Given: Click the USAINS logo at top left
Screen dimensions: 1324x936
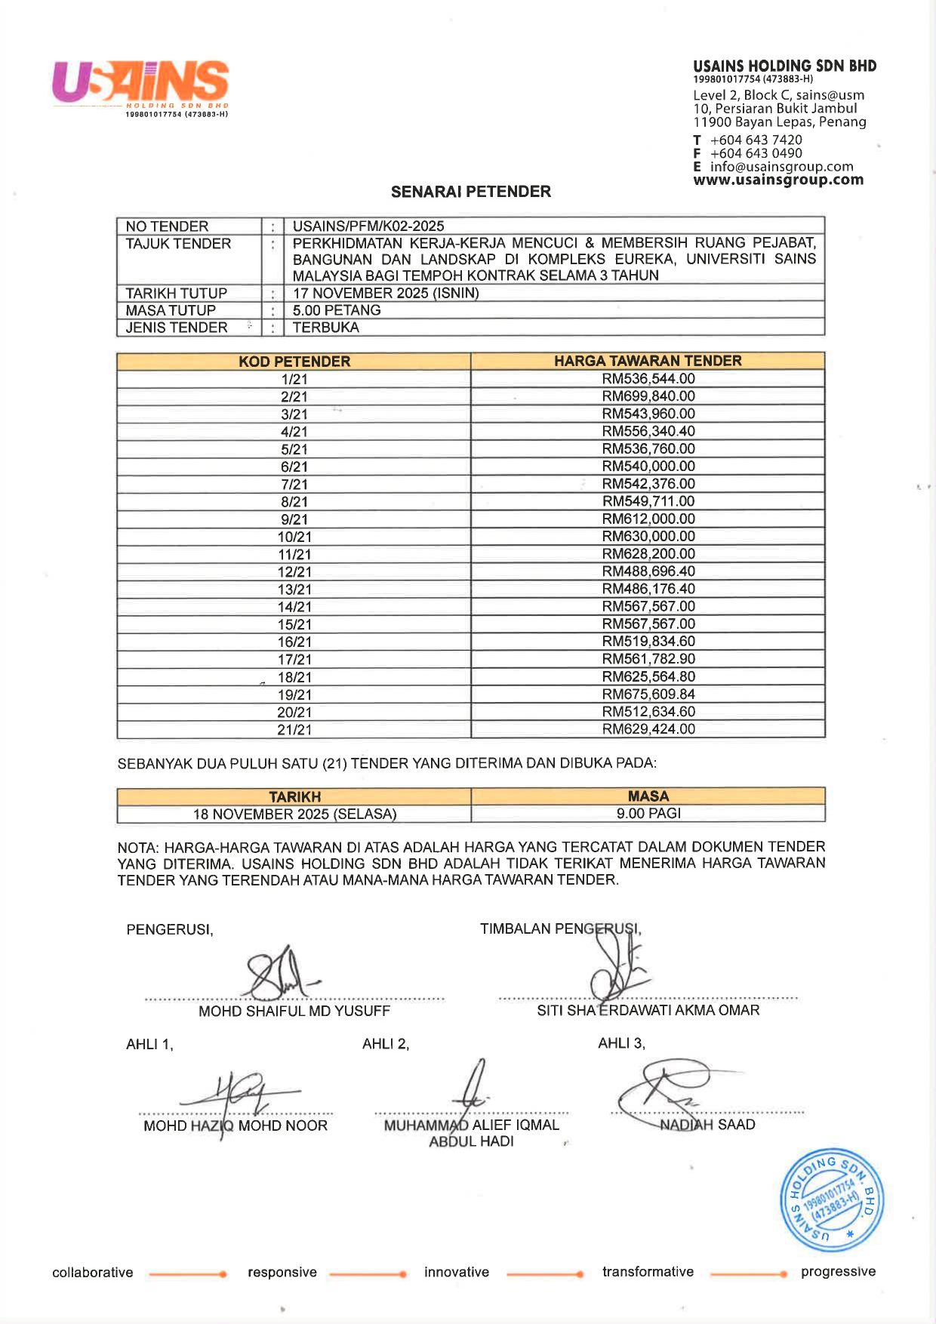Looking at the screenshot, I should point(140,85).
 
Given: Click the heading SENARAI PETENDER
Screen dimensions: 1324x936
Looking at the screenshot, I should point(471,192).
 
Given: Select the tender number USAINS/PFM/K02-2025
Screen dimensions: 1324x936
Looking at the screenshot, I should point(368,226).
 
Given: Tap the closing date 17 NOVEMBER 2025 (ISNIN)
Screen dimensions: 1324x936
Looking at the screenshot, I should point(386,293).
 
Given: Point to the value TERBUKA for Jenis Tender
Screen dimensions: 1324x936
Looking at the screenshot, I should point(326,328).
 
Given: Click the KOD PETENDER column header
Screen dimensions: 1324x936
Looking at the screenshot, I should point(294,362).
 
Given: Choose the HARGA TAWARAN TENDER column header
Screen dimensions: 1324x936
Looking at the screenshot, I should point(648,361).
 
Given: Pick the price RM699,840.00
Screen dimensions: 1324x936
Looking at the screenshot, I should point(648,396).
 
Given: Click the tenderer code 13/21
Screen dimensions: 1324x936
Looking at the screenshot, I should point(294,590).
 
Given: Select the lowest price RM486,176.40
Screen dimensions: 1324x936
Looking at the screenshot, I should point(648,589).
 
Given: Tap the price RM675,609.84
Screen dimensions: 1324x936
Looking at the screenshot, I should point(648,694).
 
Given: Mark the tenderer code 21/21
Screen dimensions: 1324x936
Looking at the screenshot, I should point(294,730).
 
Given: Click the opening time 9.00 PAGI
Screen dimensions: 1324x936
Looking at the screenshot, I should point(648,814).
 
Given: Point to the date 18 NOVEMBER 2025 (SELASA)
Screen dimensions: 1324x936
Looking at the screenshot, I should point(294,814).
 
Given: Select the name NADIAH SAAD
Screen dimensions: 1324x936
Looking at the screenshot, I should point(707,1125).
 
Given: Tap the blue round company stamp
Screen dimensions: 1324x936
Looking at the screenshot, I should point(830,1200).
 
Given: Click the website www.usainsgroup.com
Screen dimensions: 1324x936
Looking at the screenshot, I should point(778,180).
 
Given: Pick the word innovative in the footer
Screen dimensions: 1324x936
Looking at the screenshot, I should point(457,1272).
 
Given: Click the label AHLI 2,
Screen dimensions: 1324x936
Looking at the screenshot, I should point(386,1044).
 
